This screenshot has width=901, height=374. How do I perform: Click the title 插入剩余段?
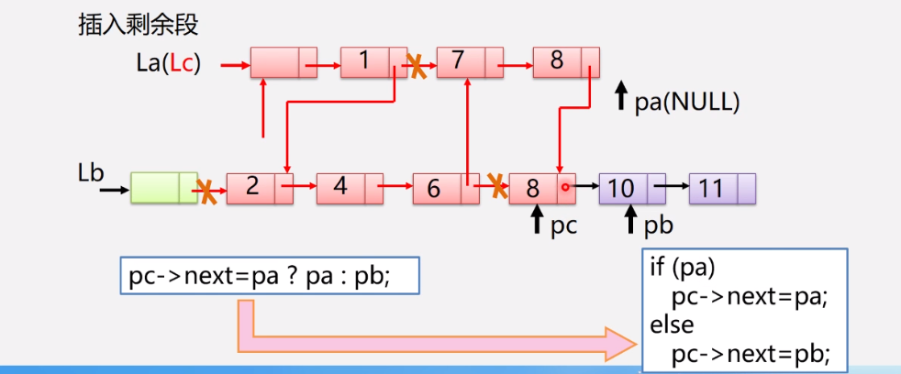tap(138, 25)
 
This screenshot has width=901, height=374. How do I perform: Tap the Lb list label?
tap(93, 171)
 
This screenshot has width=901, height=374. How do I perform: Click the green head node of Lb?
tap(164, 188)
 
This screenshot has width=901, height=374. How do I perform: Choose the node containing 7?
tap(469, 62)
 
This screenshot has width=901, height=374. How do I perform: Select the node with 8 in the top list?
tap(565, 62)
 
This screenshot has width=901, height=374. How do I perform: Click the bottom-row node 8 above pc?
tap(542, 188)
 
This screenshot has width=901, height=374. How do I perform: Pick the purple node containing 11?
tap(721, 188)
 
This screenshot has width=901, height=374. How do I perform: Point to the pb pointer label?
tap(658, 225)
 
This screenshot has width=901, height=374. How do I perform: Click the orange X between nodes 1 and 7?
tap(417, 65)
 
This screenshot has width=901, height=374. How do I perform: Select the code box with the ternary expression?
tap(270, 275)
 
